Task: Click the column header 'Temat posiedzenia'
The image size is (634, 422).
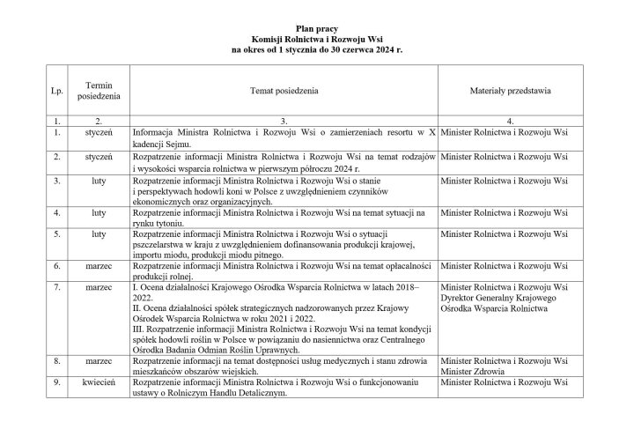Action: click(x=284, y=90)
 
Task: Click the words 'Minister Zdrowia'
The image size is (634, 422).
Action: click(x=472, y=372)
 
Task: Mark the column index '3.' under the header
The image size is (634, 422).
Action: click(x=284, y=121)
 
